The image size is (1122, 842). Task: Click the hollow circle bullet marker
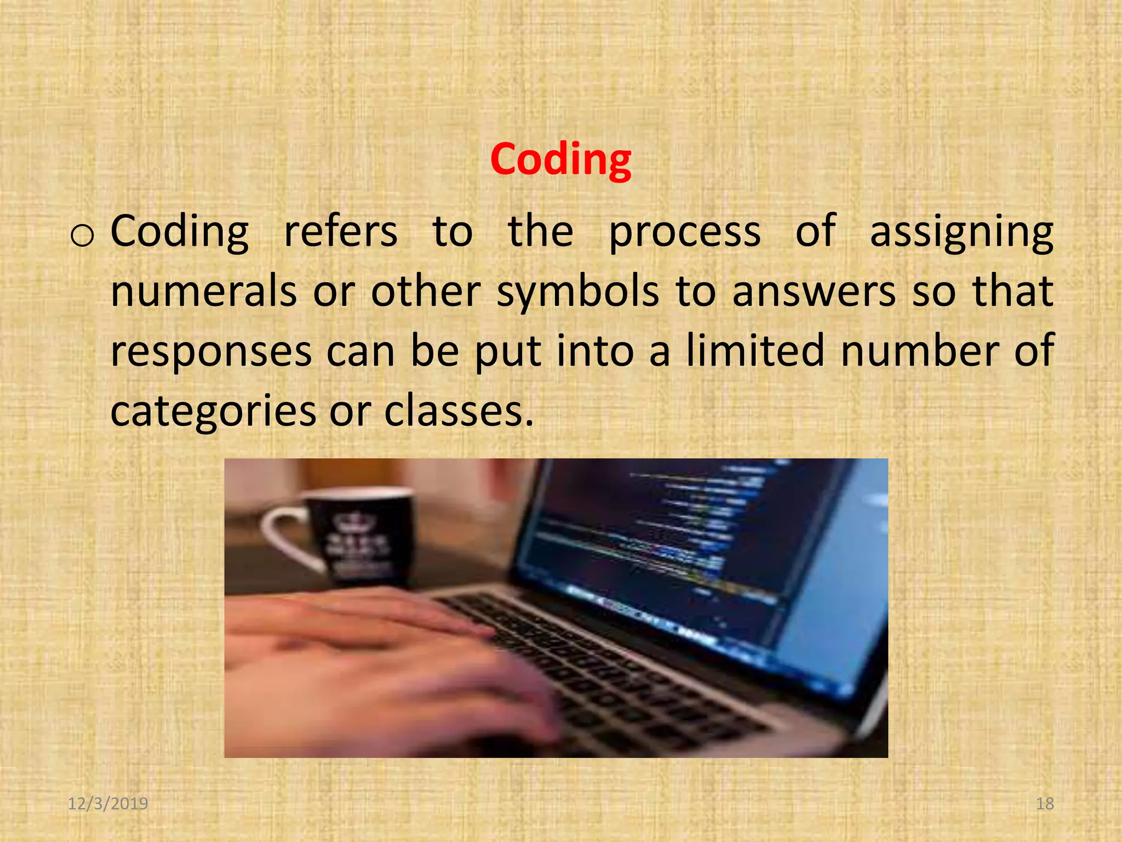click(x=82, y=236)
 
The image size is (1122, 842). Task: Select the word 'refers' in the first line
click(x=340, y=232)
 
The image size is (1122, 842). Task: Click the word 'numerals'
click(x=204, y=291)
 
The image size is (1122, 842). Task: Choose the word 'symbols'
click(x=578, y=292)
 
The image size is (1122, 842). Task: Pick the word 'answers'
click(x=814, y=292)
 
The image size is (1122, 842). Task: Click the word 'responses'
click(x=211, y=351)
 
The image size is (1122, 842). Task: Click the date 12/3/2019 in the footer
click(x=108, y=804)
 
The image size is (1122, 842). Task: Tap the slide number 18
click(x=1045, y=804)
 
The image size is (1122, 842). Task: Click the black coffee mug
click(x=362, y=537)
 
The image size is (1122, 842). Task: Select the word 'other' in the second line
click(x=426, y=291)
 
